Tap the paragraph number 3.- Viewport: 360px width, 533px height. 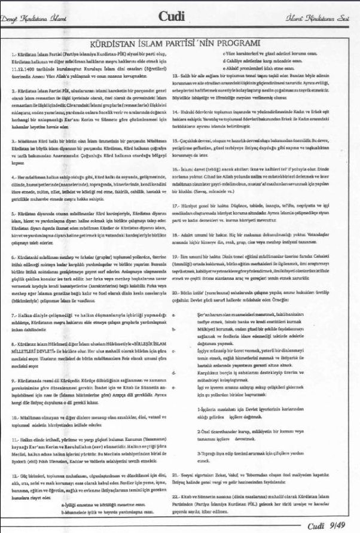15,138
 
